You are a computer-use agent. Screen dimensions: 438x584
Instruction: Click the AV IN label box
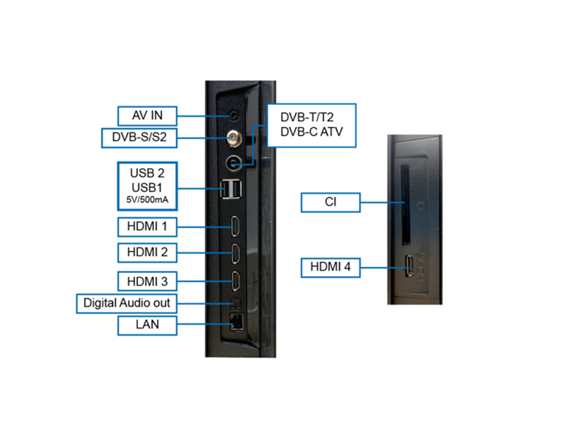(147, 115)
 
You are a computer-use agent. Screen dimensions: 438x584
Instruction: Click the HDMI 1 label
(147, 226)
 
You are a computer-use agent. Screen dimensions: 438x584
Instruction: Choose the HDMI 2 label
(147, 253)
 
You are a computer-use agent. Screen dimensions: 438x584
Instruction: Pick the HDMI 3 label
(147, 280)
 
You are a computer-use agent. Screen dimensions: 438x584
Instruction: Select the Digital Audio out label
(127, 302)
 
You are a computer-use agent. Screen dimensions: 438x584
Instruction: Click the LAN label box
(147, 324)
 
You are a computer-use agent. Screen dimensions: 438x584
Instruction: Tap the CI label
(331, 202)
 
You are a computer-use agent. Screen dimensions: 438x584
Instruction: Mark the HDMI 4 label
(331, 268)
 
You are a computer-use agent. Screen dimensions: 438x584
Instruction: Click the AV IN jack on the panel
(234, 115)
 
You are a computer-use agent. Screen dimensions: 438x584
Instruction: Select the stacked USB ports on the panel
(231, 188)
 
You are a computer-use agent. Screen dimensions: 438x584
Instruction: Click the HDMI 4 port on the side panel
(410, 268)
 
